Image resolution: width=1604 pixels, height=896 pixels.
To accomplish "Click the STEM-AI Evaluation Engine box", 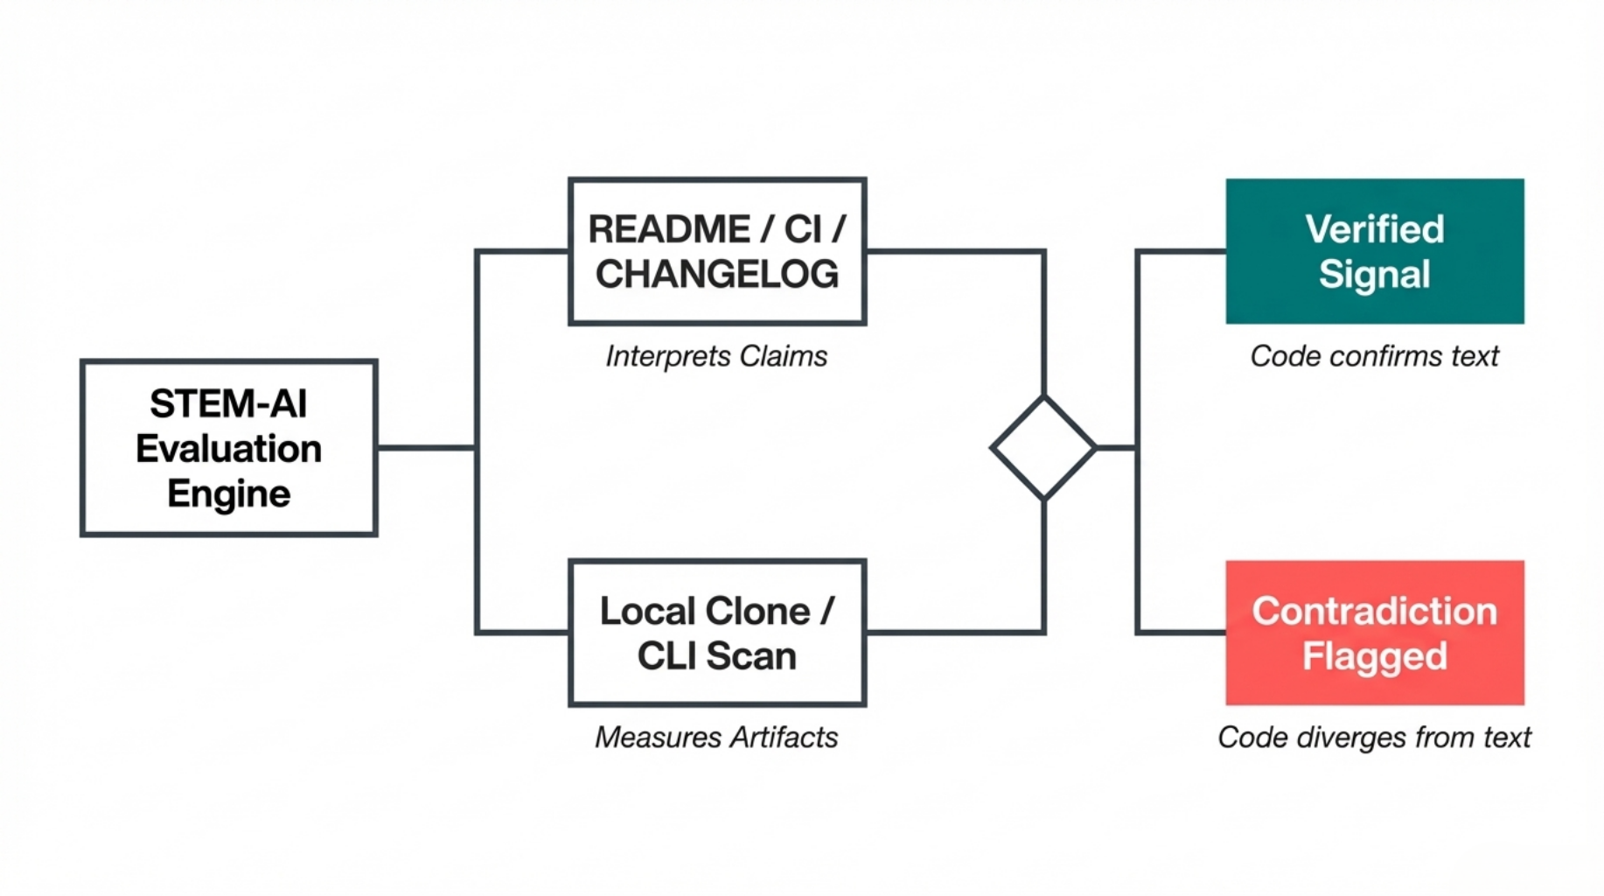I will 229,447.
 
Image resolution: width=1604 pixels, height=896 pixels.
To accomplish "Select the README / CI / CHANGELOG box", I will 717,252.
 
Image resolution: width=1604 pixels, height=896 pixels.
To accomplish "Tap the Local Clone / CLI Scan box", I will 717,633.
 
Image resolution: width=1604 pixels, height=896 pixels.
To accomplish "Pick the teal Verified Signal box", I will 1374,252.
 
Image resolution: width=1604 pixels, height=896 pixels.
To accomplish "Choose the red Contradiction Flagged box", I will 1374,633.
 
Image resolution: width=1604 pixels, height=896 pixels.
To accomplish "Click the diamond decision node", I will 1043,448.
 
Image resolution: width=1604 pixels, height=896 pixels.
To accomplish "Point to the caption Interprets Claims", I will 716,356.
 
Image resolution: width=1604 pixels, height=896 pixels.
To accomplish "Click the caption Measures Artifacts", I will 716,738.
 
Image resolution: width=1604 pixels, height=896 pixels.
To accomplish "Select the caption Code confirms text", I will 1374,356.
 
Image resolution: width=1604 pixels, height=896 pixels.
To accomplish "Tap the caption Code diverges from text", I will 1374,738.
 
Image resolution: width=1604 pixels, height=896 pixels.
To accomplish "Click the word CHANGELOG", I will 717,275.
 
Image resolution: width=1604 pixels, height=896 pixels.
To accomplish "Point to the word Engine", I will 229,493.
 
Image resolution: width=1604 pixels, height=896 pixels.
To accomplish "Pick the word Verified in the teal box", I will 1374,229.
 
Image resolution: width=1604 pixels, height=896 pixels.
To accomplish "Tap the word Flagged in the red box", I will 1374,656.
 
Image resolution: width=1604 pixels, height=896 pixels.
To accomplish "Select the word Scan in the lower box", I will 751,656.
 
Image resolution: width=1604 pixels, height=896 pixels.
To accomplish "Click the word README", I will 669,229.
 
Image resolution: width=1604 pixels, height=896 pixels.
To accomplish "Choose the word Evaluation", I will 229,449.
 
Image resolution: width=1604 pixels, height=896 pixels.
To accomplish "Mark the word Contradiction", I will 1374,611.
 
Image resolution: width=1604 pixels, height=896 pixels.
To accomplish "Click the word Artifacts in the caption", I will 784,738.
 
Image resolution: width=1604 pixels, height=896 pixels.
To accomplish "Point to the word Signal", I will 1374,275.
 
